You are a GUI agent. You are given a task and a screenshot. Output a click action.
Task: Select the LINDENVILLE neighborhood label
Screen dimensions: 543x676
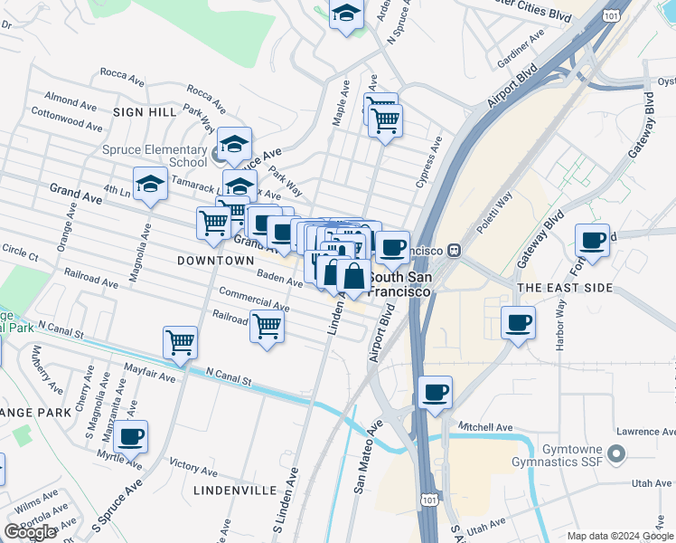234,490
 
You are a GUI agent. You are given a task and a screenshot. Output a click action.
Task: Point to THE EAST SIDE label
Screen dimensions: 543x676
565,288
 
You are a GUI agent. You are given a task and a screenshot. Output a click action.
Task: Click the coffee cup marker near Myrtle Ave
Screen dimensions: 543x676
130,436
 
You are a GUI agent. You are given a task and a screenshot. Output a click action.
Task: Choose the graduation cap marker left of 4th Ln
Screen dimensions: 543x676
150,184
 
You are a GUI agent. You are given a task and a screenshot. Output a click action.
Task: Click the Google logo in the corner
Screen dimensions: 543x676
30,532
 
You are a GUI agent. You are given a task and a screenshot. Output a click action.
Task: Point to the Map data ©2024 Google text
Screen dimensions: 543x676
620,536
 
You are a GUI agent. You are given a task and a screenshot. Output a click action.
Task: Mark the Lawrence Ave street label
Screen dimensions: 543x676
644,433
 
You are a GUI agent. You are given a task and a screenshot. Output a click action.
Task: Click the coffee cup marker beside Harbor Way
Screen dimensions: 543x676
518,322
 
